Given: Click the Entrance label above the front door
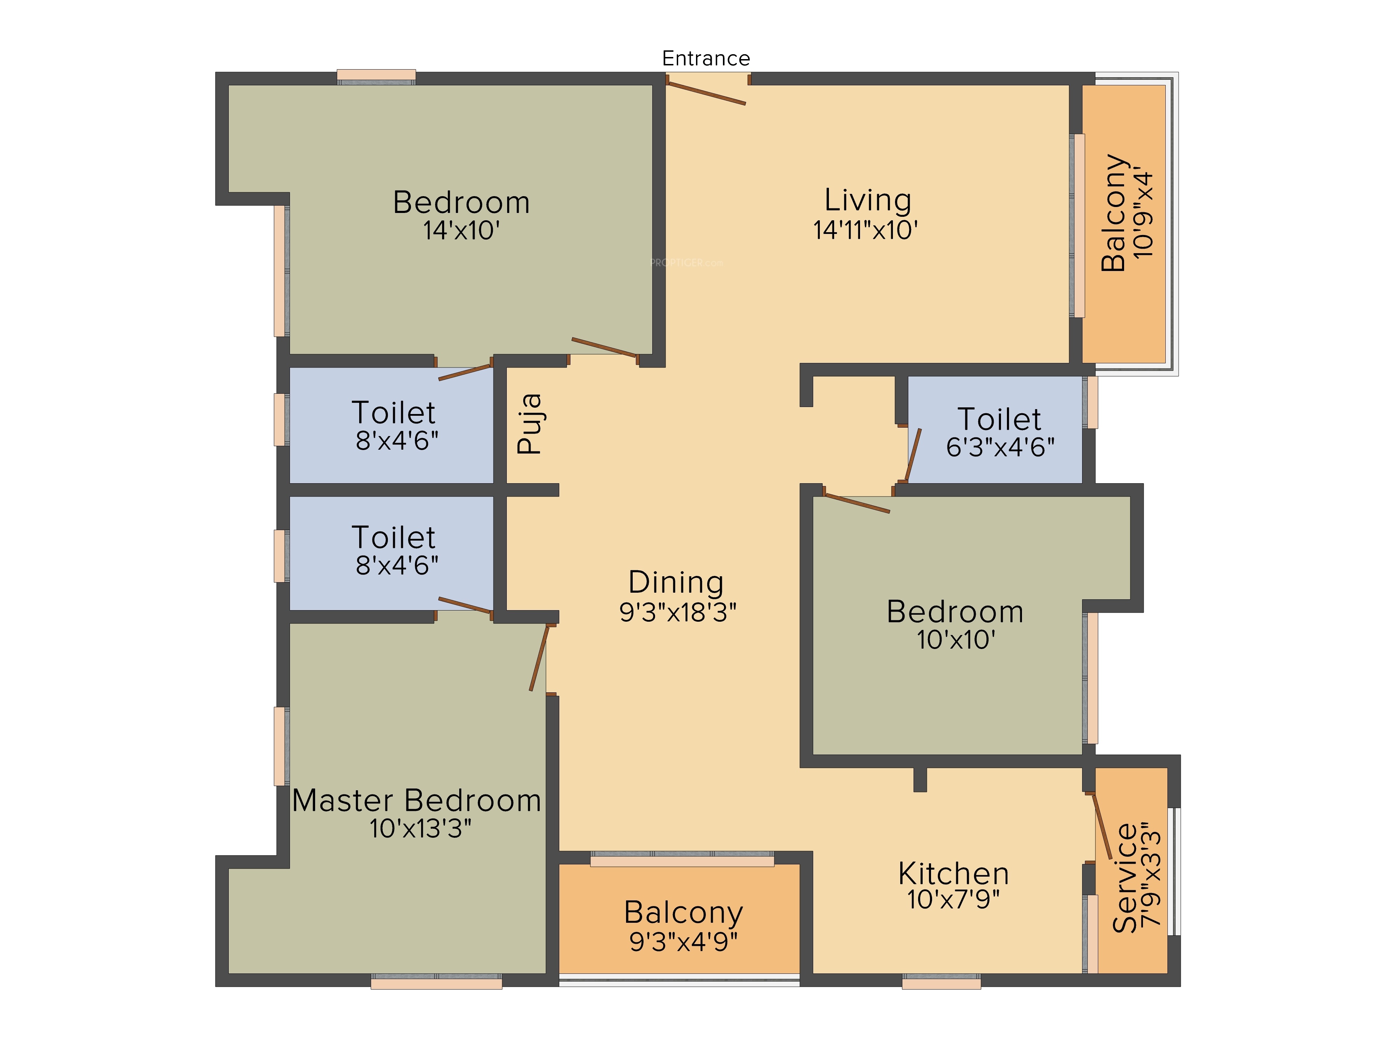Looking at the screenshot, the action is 706,58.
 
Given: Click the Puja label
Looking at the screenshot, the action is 530,424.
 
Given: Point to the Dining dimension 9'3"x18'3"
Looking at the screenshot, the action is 677,612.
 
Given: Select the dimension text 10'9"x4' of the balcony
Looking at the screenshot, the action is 1143,213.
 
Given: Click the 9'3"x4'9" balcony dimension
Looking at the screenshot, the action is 683,942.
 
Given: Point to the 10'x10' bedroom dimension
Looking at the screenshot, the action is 956,640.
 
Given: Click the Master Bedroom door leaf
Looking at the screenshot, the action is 539,658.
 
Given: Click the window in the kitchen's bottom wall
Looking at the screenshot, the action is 941,982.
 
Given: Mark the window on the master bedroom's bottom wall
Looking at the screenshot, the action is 436,982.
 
